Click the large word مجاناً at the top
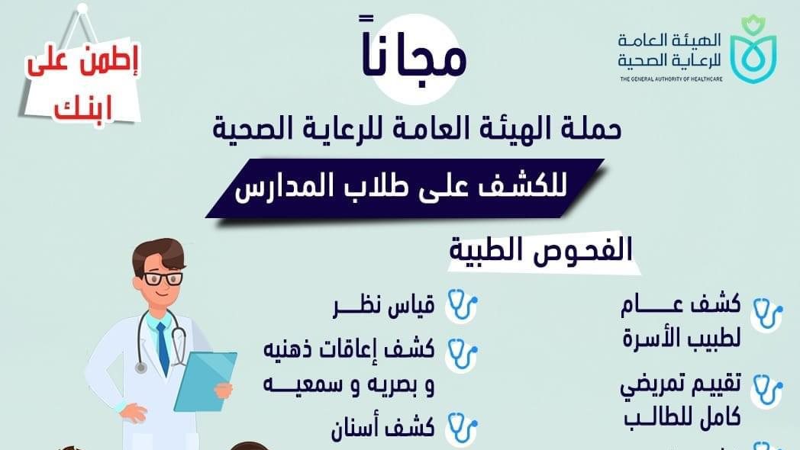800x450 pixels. click(x=415, y=51)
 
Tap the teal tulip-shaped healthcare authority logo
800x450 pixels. click(x=753, y=50)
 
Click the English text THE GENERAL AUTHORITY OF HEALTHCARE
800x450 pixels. click(x=671, y=79)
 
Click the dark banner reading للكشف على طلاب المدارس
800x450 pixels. click(x=405, y=188)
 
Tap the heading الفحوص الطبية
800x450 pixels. click(x=540, y=250)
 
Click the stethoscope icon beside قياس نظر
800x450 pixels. click(x=463, y=305)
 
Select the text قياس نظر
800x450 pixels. click(x=384, y=306)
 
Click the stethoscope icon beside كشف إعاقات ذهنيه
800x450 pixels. click(x=462, y=354)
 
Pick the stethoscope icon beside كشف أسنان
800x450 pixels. click(x=462, y=427)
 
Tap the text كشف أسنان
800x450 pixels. click(x=383, y=427)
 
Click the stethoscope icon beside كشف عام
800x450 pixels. click(x=767, y=314)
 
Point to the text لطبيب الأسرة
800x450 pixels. click(x=682, y=336)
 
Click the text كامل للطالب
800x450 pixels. click(x=682, y=417)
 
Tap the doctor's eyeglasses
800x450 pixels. click(x=163, y=278)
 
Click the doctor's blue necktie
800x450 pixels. click(x=163, y=349)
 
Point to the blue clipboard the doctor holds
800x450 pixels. click(x=205, y=381)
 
